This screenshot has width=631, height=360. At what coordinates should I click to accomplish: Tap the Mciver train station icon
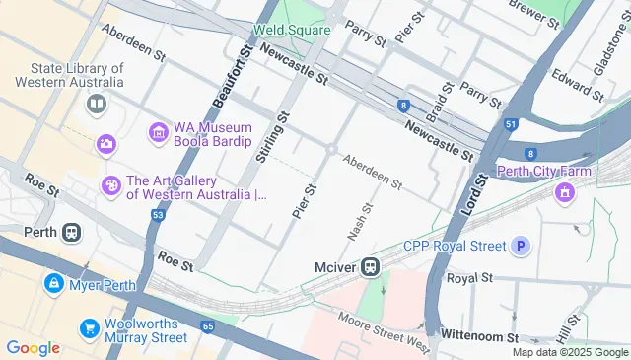[x=371, y=266]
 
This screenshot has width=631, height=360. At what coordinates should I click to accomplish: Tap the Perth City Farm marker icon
[x=564, y=191]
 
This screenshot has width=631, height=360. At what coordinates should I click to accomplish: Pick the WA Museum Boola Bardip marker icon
[x=158, y=131]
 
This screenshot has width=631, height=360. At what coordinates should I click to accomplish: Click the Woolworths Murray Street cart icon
[x=90, y=327]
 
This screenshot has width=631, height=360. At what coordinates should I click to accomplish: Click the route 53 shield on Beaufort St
[x=157, y=214]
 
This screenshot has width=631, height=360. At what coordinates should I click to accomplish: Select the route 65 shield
[x=207, y=325]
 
